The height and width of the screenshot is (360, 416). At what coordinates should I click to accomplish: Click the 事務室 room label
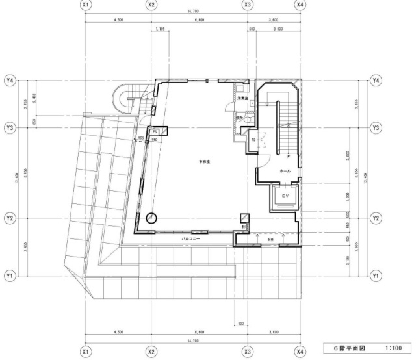pyautogui.click(x=194, y=161)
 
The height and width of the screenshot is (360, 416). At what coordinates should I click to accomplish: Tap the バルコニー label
pyautogui.click(x=190, y=239)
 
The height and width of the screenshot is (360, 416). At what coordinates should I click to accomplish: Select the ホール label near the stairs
pyautogui.click(x=284, y=171)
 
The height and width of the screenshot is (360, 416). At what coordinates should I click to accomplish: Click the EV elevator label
pyautogui.click(x=284, y=195)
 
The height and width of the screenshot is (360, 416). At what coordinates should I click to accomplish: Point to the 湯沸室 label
pyautogui.click(x=243, y=99)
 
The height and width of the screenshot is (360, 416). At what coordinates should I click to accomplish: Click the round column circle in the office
pyautogui.click(x=151, y=219)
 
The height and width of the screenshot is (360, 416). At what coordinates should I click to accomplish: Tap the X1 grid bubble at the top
pyautogui.click(x=85, y=5)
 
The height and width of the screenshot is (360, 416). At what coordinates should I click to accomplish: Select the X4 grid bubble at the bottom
pyautogui.click(x=300, y=351)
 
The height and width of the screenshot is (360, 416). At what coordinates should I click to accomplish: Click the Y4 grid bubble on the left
pyautogui.click(x=10, y=81)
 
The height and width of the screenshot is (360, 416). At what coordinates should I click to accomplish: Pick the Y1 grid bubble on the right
pyautogui.click(x=376, y=276)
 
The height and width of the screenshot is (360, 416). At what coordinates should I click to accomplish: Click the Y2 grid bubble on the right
pyautogui.click(x=376, y=218)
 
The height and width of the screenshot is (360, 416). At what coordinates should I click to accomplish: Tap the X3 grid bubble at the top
pyautogui.click(x=248, y=5)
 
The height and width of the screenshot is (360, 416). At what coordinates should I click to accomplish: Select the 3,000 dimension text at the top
pyautogui.click(x=278, y=29)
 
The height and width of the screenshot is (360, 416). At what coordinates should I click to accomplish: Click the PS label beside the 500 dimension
pyautogui.click(x=155, y=132)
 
